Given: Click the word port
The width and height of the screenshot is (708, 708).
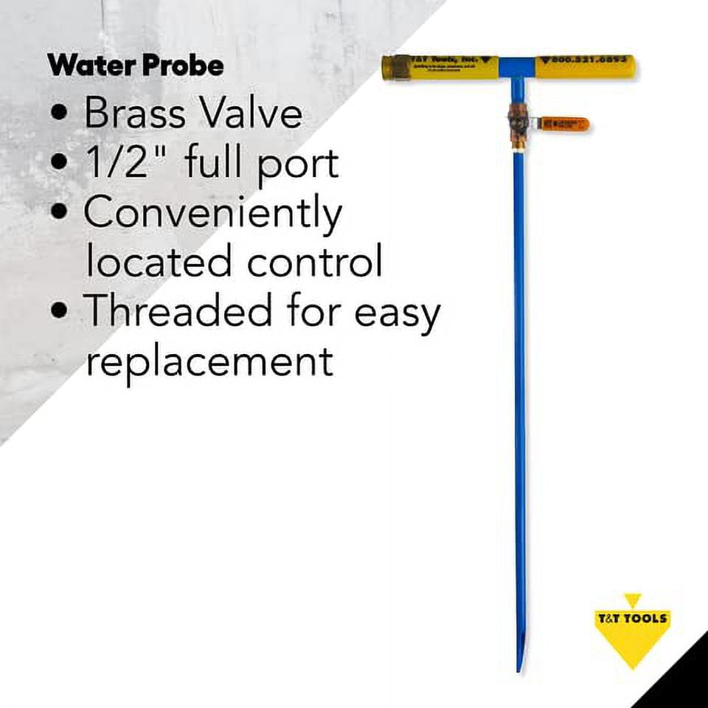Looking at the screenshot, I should click(298, 164).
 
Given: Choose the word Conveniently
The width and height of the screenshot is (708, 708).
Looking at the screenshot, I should click(212, 214).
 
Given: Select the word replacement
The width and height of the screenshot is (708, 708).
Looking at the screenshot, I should click(209, 361).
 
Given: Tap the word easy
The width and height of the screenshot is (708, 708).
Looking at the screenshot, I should click(397, 313).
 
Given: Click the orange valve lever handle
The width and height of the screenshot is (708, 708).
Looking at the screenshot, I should click(565, 124).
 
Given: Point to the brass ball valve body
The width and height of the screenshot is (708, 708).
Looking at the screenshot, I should click(519, 119).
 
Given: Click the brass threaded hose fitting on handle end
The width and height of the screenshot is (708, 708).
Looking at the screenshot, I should click(392, 69).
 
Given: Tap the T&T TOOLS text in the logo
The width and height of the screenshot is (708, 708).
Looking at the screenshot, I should click(632, 618).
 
